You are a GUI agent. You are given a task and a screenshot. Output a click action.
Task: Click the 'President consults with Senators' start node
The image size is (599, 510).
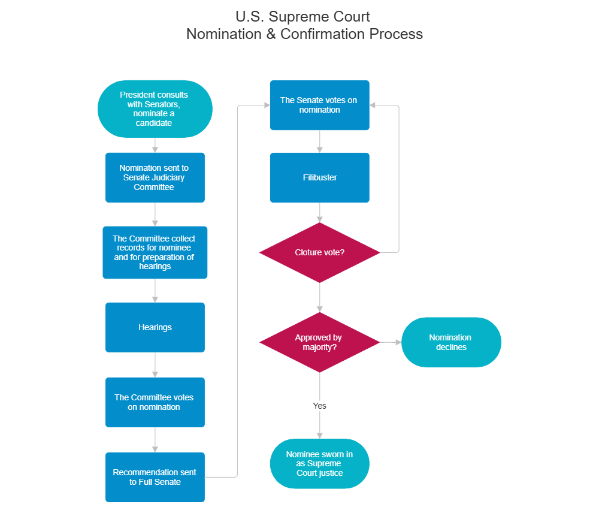point(155,109)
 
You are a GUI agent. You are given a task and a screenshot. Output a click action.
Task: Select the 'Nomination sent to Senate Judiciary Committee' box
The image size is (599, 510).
point(155,177)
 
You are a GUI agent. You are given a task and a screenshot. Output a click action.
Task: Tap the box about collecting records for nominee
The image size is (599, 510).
point(155,252)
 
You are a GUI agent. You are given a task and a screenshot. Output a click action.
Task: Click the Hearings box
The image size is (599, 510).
point(155,327)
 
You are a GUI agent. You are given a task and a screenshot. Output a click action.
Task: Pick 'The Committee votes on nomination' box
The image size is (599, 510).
point(155,402)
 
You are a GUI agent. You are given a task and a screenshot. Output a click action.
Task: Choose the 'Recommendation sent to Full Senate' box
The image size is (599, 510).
point(155,477)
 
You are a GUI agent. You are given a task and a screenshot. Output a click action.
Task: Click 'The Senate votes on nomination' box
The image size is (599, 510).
point(319,105)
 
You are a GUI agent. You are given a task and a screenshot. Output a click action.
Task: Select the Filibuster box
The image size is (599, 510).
point(319,177)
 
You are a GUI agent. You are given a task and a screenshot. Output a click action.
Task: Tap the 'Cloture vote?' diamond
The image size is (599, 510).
point(319,252)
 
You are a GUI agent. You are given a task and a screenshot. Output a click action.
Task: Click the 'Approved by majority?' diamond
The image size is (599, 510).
point(319,342)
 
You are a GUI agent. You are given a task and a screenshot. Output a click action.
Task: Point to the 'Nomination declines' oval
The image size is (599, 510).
point(450,342)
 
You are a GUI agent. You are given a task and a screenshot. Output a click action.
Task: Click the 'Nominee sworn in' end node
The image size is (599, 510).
point(319,463)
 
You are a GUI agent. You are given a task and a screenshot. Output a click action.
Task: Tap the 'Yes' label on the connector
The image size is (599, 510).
point(320,406)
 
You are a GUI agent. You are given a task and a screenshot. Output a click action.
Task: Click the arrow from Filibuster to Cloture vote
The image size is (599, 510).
point(320,213)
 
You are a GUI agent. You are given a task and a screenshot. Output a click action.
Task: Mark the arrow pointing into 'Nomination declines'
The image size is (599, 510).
point(391,342)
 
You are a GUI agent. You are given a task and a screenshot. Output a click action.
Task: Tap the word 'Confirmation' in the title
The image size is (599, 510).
point(322,34)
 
